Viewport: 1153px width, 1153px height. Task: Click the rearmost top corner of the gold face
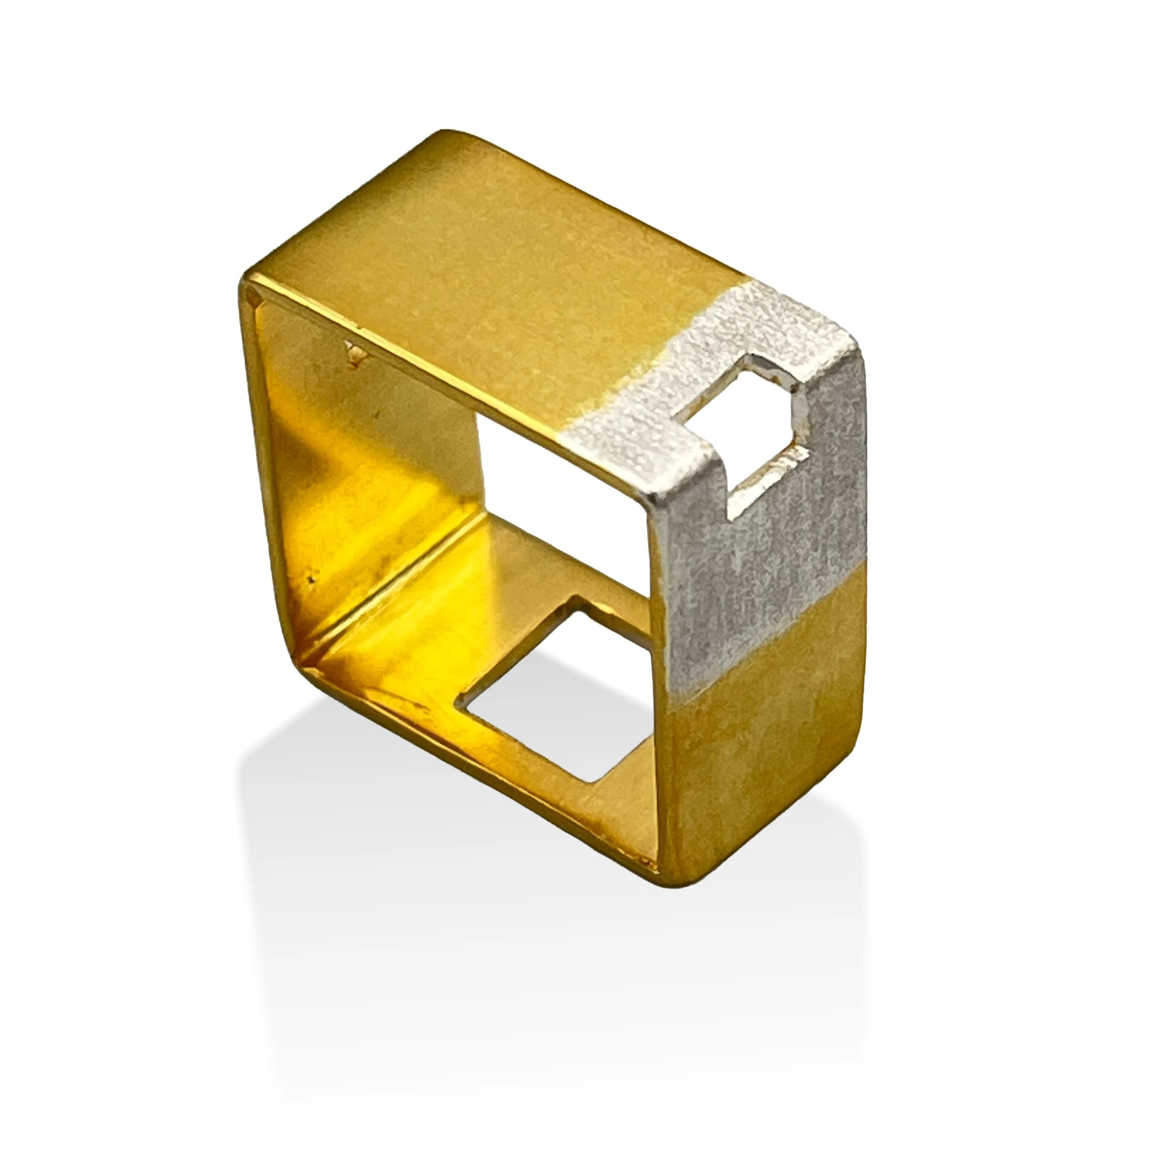click(445, 134)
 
